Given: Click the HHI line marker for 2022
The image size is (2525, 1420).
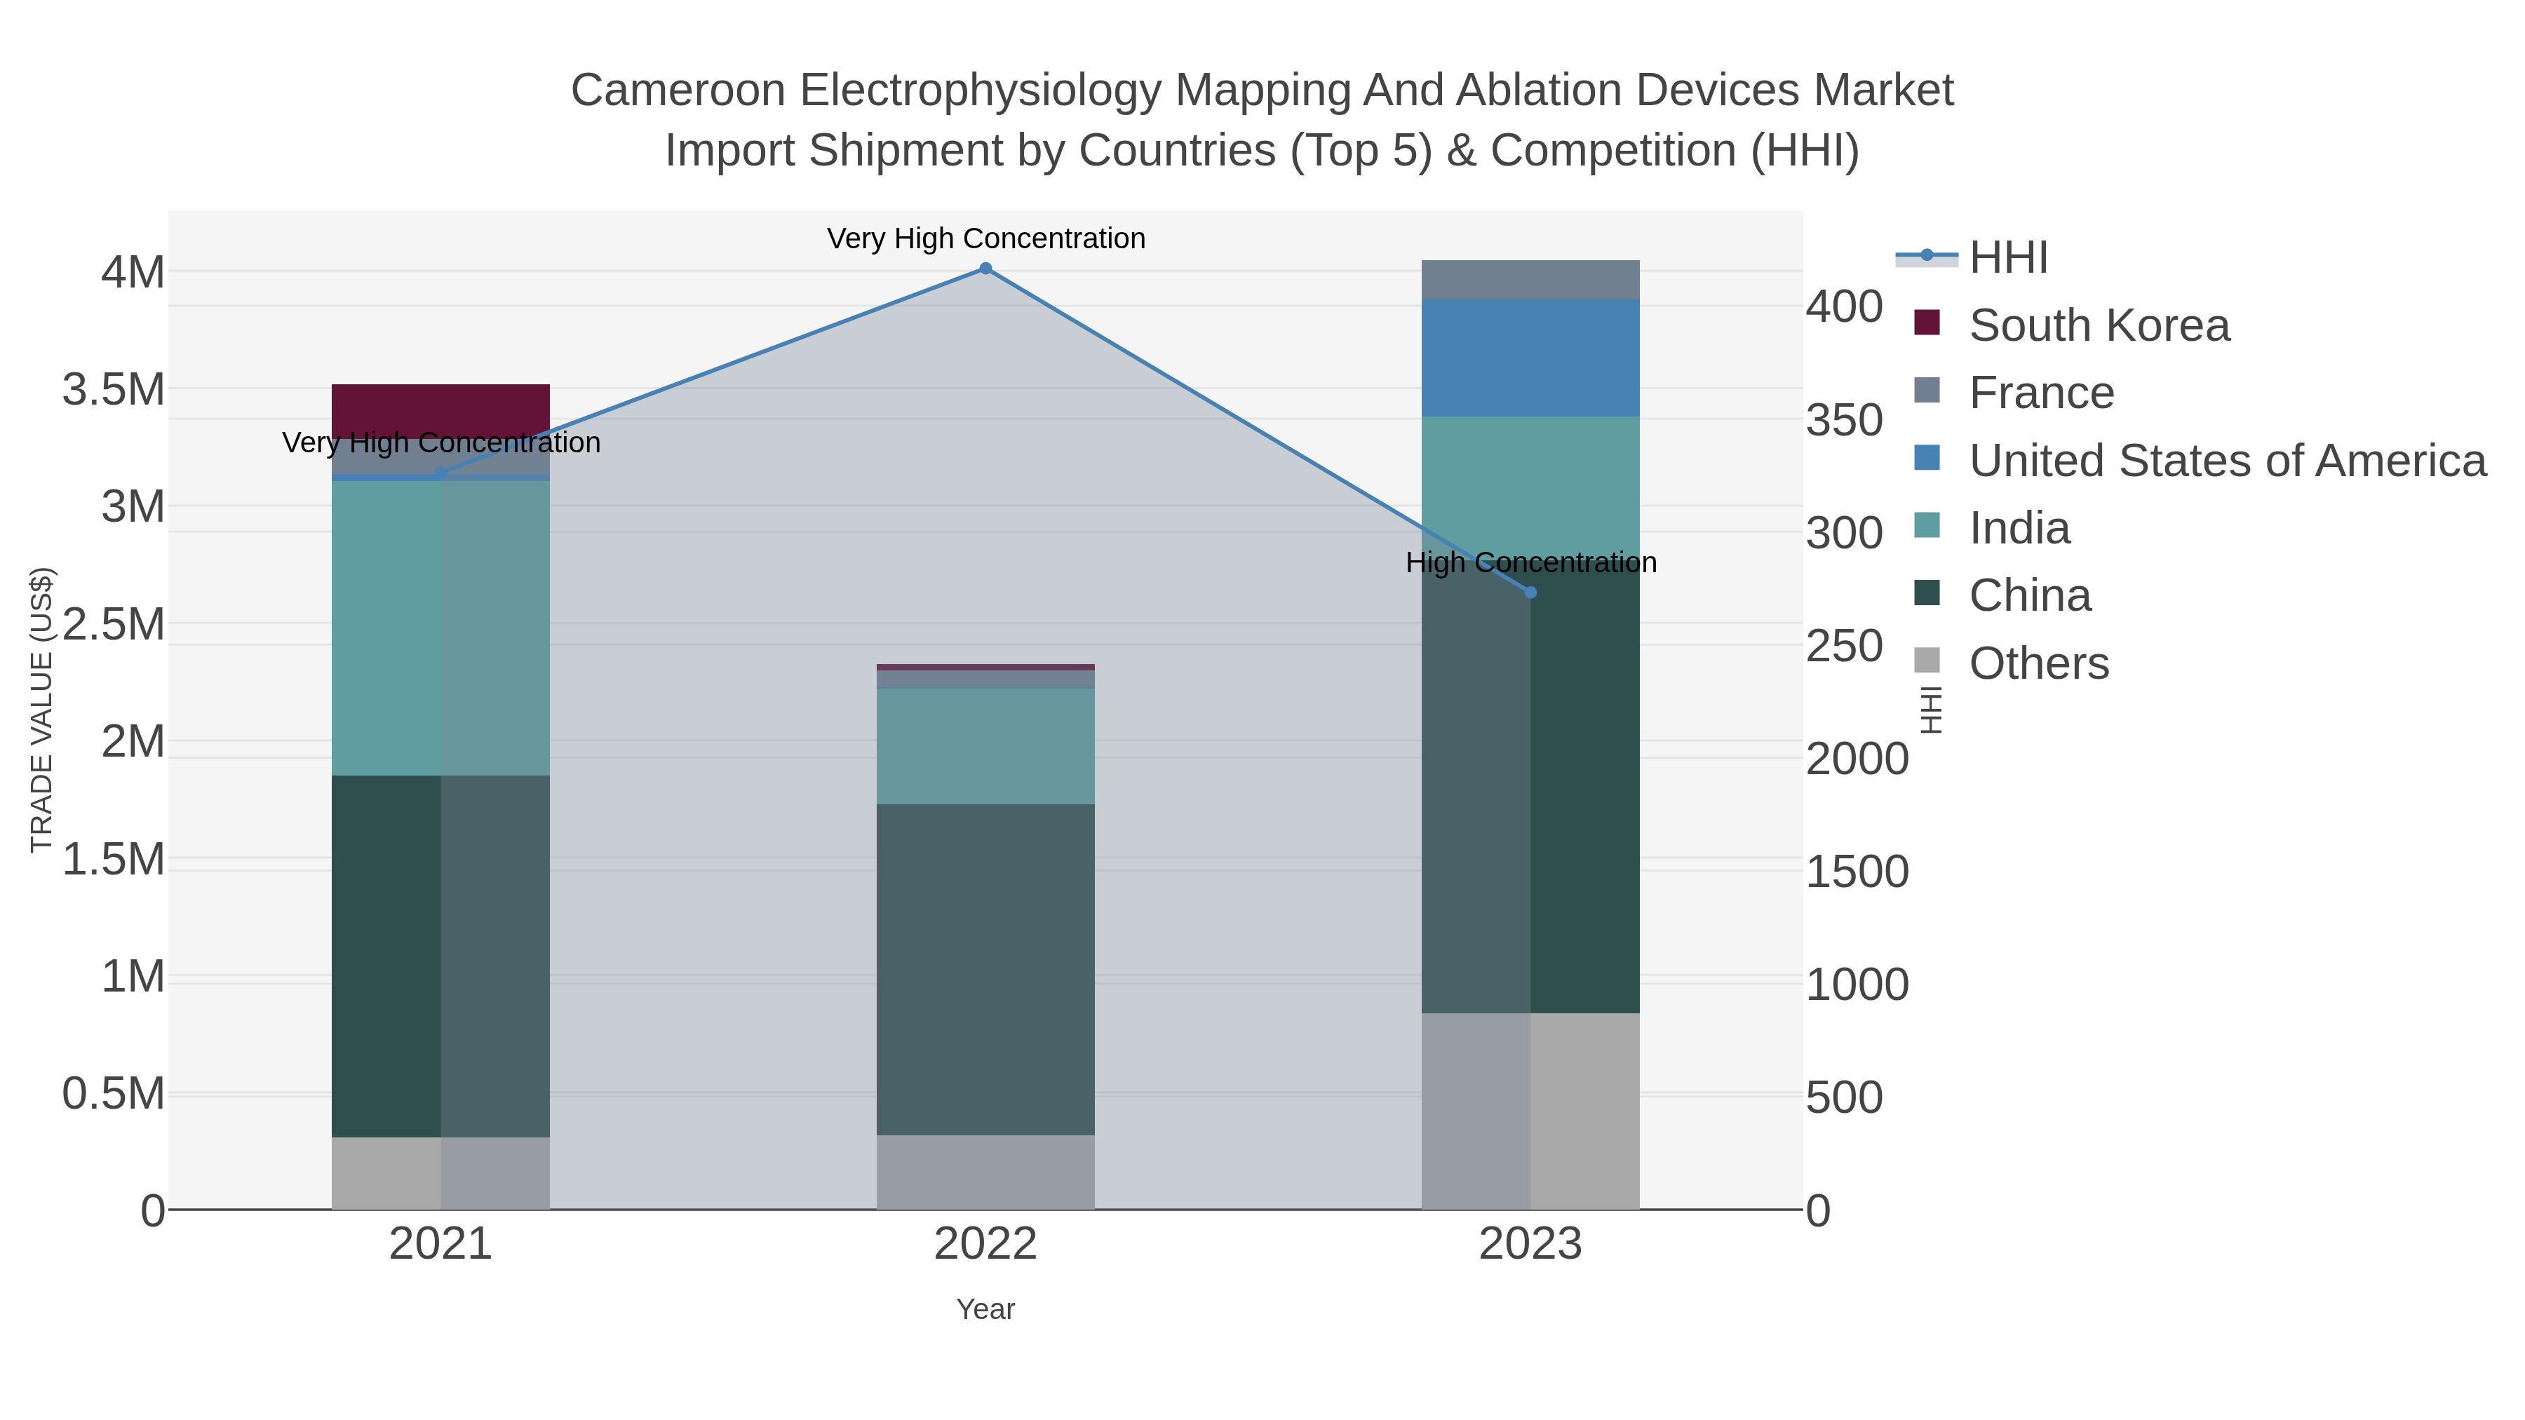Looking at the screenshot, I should [x=985, y=269].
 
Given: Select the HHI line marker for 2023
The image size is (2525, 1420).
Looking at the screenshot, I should [x=1530, y=592].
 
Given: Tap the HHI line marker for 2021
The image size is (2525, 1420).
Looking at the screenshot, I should [x=440, y=473].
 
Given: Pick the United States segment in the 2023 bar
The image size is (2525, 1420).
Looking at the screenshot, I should [x=1530, y=358].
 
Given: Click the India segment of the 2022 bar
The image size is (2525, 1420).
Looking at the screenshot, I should [x=985, y=746].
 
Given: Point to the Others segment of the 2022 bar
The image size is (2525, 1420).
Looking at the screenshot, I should [x=985, y=1171].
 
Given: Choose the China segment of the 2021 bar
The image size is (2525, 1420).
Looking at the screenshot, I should [x=440, y=956].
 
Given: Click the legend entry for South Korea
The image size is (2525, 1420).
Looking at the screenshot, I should [x=2099, y=325].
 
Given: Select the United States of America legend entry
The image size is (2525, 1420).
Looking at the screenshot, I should [x=2226, y=461].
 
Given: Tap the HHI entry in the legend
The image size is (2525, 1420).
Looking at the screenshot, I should [x=2009, y=258].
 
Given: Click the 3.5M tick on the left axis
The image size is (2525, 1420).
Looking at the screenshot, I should [x=114, y=390].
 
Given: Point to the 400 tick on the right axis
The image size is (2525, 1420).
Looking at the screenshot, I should [x=1844, y=306].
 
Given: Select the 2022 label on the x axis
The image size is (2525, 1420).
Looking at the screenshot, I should [x=985, y=1245].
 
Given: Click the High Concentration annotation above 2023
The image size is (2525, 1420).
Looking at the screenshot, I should [x=1530, y=562].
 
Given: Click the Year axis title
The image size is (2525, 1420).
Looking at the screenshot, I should [x=985, y=1309].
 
